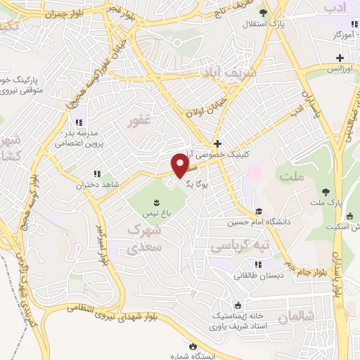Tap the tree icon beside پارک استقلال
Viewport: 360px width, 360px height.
tap(262, 13)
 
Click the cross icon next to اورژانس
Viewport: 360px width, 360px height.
tap(340, 58)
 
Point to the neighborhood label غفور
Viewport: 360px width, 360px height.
tap(139, 120)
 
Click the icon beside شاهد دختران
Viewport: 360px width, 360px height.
tap(96, 174)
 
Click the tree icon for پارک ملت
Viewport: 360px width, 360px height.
tap(326, 191)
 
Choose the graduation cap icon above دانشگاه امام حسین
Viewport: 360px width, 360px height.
tap(259, 211)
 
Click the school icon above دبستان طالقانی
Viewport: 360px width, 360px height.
tap(259, 264)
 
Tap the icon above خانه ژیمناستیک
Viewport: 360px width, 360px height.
tap(238, 306)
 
